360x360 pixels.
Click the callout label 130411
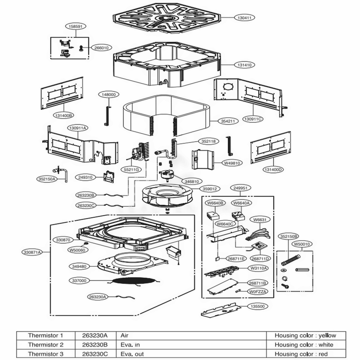tap(244, 17)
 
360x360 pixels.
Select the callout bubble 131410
tap(244, 65)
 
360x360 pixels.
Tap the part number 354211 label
tap(228, 121)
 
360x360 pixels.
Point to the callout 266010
tap(102, 48)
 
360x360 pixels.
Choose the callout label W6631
tap(260, 220)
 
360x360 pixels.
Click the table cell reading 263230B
tap(95, 345)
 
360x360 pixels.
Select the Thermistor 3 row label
tap(46, 354)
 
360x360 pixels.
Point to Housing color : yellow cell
tap(305, 336)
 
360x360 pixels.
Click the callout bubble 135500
tap(258, 306)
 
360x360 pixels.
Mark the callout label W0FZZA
tap(258, 292)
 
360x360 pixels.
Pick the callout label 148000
tap(109, 94)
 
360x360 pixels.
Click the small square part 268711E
tap(217, 259)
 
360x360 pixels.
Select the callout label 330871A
tap(32, 252)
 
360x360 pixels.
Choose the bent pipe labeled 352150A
tap(60, 173)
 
